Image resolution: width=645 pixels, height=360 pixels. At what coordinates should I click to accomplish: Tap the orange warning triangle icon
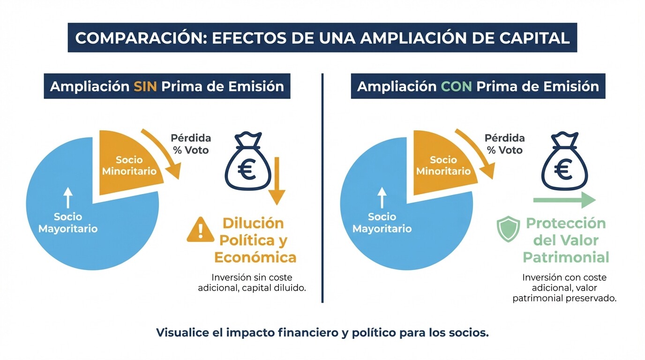201,230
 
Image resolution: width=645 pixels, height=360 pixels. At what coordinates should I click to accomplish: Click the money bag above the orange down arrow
248,162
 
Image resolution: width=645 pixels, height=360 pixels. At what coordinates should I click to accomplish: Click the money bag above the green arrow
562,162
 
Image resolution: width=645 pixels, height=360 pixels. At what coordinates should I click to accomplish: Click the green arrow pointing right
564,201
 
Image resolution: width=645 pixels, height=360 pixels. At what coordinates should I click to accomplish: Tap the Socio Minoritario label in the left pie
129,165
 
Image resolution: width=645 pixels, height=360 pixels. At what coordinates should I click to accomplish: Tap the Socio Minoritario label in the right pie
443,165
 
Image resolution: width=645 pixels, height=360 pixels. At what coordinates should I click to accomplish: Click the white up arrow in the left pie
68,197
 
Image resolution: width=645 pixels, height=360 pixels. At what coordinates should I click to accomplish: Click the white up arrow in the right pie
382,197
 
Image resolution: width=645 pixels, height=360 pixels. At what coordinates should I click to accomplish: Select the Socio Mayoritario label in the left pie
68,223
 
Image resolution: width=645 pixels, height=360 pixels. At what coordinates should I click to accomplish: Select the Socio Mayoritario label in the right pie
382,223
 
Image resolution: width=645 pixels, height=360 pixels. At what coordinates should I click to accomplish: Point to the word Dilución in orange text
253,223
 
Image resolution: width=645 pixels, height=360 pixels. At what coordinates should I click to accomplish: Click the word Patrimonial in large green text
566,257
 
